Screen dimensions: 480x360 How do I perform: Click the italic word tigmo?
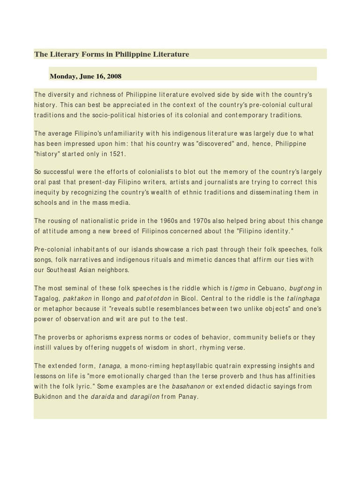tap(239, 288)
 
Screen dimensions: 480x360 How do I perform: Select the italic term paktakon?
tap(77, 299)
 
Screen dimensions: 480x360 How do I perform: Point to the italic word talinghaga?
tap(303, 299)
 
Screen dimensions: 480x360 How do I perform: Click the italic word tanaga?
tap(110, 366)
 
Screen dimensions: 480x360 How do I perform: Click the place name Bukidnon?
tap(49, 397)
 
